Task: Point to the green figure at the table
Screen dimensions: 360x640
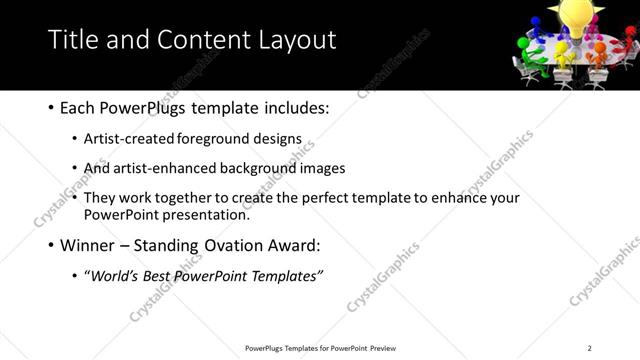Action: point(535,63)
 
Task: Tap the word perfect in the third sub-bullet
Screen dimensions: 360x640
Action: point(343,198)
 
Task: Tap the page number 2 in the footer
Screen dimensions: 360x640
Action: point(590,348)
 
